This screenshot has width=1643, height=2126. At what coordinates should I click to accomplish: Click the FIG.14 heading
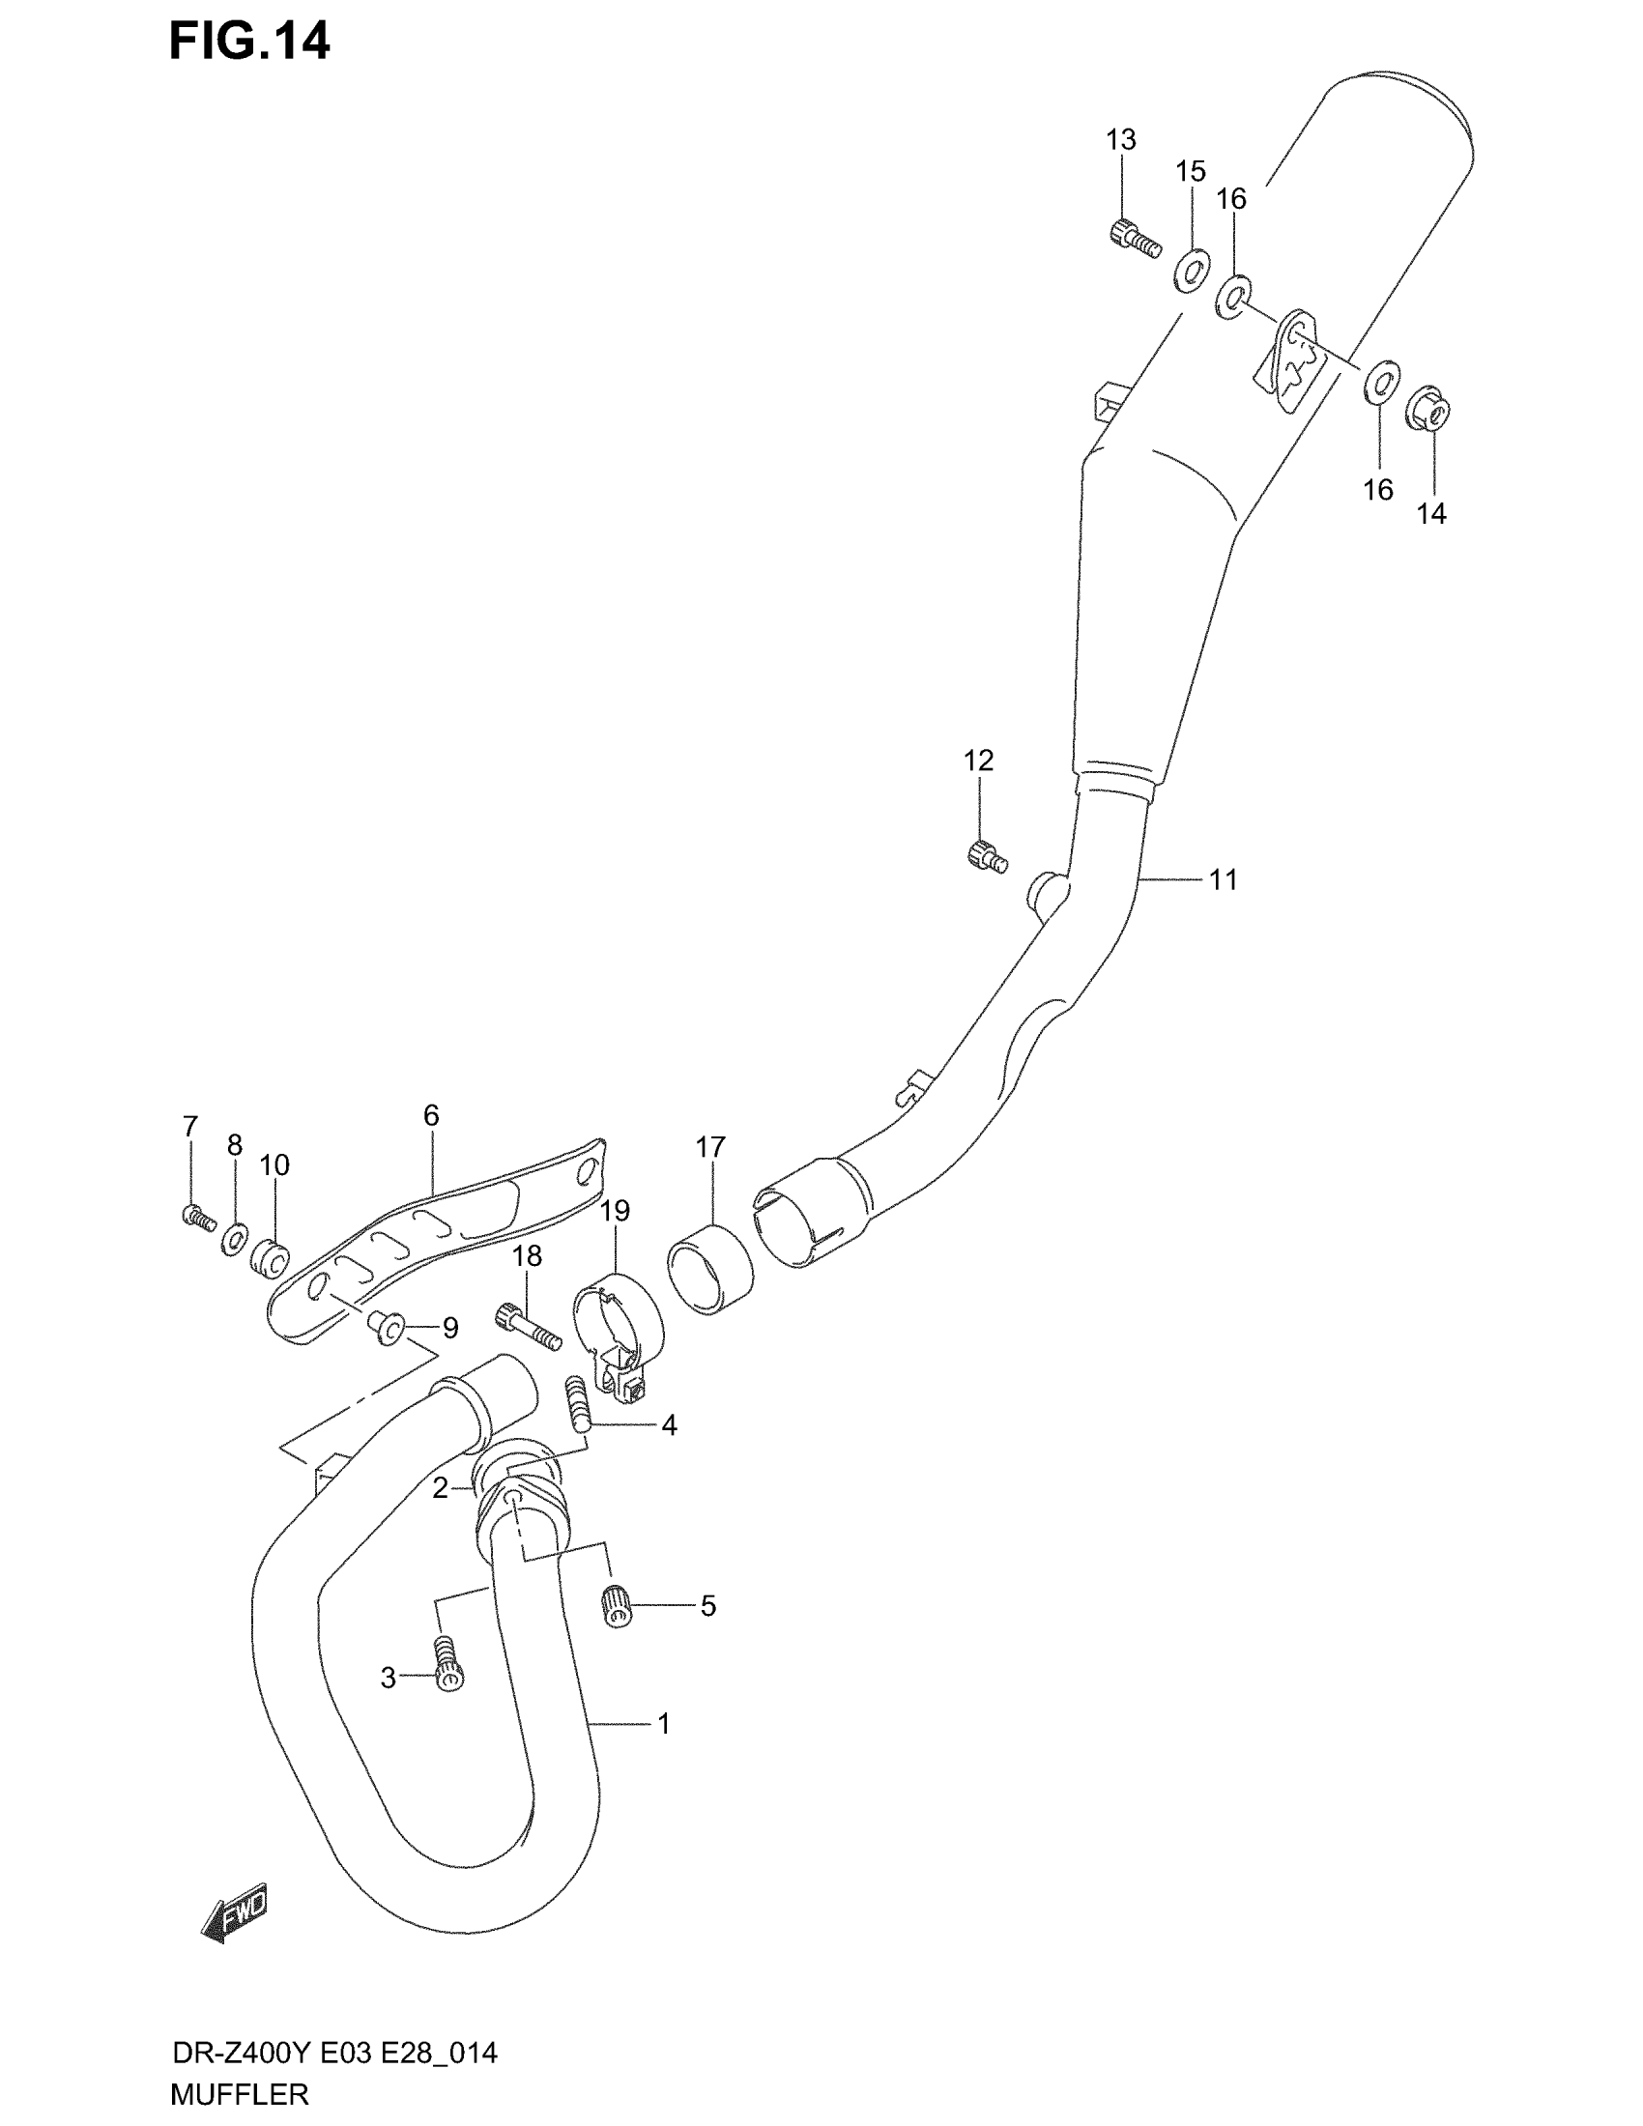[249, 43]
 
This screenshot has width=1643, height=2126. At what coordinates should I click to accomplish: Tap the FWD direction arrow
[234, 1917]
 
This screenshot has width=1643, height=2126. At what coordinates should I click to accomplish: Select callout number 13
[1120, 140]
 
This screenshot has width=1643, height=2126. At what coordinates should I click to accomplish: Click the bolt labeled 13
[1135, 238]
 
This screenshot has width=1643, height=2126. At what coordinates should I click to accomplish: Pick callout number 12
[978, 761]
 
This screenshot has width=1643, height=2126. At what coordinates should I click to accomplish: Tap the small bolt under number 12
[986, 856]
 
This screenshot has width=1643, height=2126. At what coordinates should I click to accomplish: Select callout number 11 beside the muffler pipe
[1223, 880]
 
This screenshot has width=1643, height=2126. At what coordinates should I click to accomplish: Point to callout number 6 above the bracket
[431, 1115]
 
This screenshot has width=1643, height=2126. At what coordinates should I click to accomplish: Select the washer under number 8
[234, 1238]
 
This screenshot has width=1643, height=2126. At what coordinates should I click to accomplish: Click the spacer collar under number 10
[270, 1257]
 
